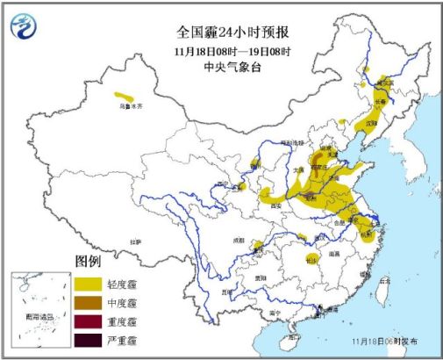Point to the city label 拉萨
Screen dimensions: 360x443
tap(134, 240)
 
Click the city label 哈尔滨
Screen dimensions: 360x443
tap(385, 82)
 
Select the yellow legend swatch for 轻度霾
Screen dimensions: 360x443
tap(88, 284)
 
